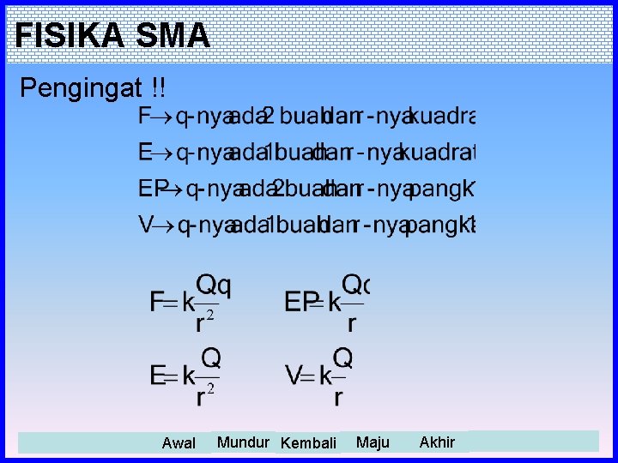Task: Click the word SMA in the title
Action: [x=172, y=35]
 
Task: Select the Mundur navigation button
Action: [x=243, y=442]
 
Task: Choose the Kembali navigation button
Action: [x=308, y=443]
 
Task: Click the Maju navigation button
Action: [x=373, y=442]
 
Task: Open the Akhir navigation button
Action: [x=437, y=442]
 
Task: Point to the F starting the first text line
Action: [x=144, y=117]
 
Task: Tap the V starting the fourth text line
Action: [x=146, y=225]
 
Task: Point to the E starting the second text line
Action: [x=145, y=153]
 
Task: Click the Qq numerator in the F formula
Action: [x=214, y=283]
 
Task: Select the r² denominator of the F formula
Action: [x=204, y=322]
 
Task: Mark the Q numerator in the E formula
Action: [x=210, y=357]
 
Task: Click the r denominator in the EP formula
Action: [x=350, y=323]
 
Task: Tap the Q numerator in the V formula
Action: [x=342, y=357]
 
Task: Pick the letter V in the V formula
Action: [x=294, y=376]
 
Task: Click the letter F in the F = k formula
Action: [x=157, y=303]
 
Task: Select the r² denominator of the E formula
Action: [x=204, y=396]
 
